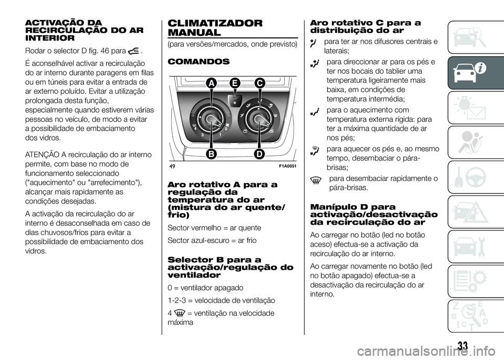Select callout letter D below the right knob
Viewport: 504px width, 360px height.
(258, 154)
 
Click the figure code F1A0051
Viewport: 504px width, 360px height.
(284, 166)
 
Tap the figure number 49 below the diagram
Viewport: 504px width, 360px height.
(172, 166)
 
